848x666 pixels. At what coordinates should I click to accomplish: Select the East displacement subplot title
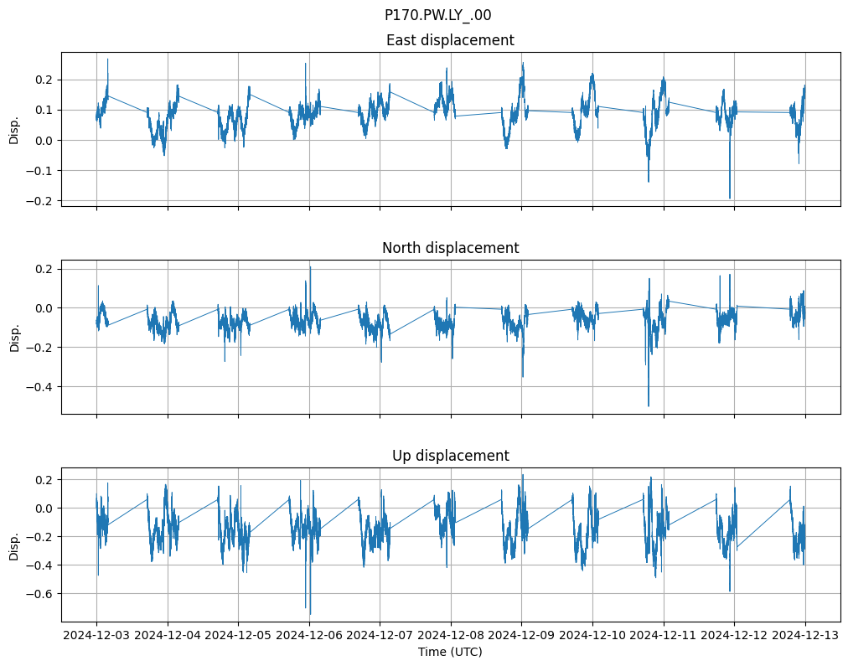pyautogui.click(x=450, y=40)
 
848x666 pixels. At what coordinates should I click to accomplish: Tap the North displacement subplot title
pyautogui.click(x=450, y=248)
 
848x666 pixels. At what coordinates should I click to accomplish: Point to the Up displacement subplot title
pyautogui.click(x=450, y=456)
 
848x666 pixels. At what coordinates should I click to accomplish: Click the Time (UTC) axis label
pyautogui.click(x=450, y=652)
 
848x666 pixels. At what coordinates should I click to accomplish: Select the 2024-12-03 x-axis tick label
pyautogui.click(x=96, y=635)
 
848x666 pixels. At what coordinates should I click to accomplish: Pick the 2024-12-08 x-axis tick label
pyautogui.click(x=451, y=635)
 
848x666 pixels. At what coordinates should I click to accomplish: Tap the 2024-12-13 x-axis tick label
pyautogui.click(x=805, y=635)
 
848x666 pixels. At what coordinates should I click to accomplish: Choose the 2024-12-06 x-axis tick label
pyautogui.click(x=309, y=635)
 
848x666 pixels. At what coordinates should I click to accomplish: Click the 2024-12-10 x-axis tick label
pyautogui.click(x=592, y=635)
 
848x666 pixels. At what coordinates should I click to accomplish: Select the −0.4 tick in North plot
pyautogui.click(x=40, y=387)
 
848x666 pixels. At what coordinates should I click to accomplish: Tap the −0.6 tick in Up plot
pyautogui.click(x=40, y=594)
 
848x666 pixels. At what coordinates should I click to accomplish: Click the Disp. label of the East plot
pyautogui.click(x=14, y=130)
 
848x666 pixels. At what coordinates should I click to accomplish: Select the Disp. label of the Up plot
pyautogui.click(x=14, y=545)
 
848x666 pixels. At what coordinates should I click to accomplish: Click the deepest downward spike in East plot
pyautogui.click(x=730, y=198)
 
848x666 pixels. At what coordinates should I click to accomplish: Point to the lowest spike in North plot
pyautogui.click(x=649, y=405)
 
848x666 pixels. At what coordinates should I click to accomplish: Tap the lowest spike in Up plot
pyautogui.click(x=309, y=613)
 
